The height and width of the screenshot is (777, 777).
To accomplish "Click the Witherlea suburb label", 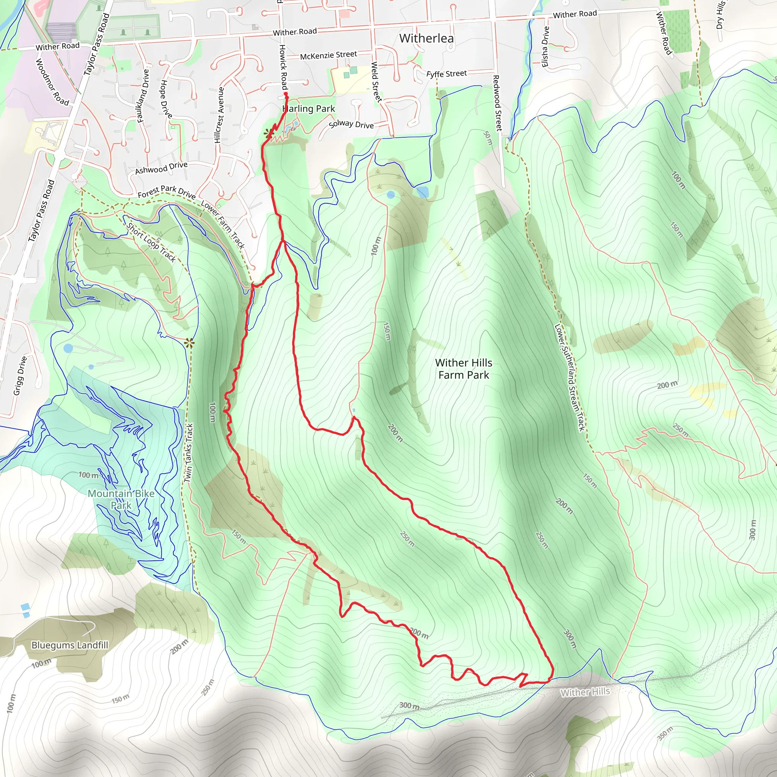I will coord(426,38).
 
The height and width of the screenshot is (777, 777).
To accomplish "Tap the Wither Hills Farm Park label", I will coord(463,369).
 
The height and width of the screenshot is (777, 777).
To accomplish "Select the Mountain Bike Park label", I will coord(121,499).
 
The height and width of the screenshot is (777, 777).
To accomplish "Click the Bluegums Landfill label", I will coord(69,645).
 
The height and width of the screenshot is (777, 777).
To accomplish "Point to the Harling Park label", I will coord(309,109).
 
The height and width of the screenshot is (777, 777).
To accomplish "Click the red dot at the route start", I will coord(286,94).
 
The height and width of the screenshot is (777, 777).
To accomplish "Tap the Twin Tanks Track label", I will coord(189,453).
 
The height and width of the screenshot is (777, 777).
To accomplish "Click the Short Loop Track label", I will coord(151,242).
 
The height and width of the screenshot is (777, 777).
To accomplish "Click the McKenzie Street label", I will coord(328,55).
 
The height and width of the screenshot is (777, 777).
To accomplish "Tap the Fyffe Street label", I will coord(447,74).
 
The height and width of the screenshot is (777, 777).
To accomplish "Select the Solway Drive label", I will coord(351,124).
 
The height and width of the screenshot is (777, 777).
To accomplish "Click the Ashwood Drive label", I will coord(161,168).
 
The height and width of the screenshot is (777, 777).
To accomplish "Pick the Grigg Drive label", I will coord(20,376).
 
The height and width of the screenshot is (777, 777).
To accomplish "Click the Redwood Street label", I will coord(498,103).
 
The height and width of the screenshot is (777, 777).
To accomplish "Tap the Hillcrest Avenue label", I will coord(219,115).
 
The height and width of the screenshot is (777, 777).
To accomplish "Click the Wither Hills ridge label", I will coord(585,692).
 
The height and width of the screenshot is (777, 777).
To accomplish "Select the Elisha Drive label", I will coord(545,47).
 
